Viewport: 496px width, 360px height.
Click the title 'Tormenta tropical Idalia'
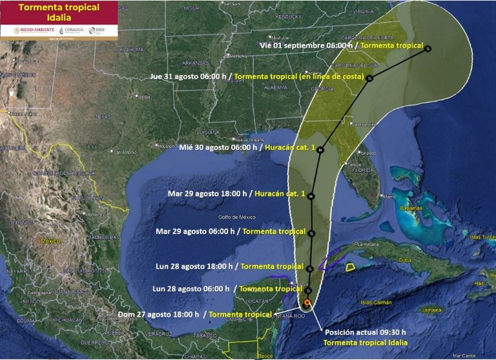point(59,12)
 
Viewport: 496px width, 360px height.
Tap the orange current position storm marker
point(307,302)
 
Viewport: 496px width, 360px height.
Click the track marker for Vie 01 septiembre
point(428,48)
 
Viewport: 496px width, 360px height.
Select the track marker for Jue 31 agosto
point(369,78)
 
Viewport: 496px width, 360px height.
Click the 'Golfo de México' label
point(237,217)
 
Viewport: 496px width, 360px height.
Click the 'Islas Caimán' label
point(375,302)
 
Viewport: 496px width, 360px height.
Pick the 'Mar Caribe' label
point(464,355)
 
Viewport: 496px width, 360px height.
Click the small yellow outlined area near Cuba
point(350,266)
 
